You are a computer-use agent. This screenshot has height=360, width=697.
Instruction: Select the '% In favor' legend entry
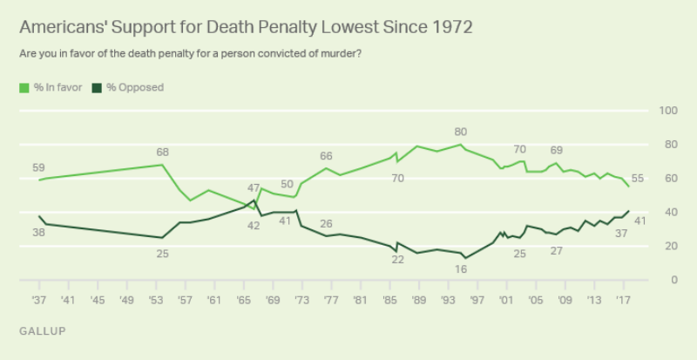tap(52, 87)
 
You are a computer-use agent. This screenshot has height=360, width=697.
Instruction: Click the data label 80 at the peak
tap(461, 132)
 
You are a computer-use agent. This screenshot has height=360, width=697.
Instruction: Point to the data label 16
tap(461, 270)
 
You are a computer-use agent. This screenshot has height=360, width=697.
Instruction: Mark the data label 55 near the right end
tap(637, 179)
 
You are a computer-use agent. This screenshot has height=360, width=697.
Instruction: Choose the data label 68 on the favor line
tap(162, 153)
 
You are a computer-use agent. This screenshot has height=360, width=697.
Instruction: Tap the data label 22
tap(397, 259)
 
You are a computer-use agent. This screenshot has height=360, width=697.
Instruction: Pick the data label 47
tap(254, 188)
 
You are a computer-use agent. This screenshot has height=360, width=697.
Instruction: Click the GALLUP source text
tap(41, 331)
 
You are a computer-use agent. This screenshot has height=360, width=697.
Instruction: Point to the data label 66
tap(326, 156)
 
